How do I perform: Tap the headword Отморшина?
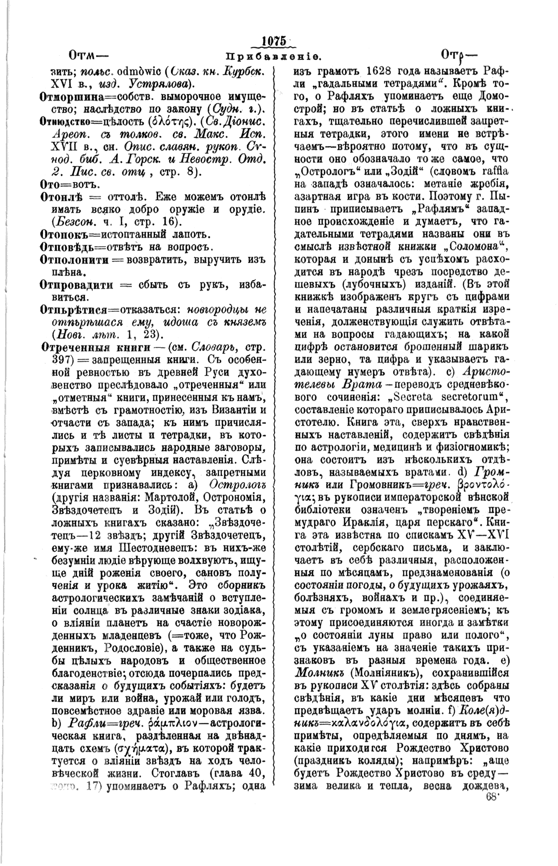point(68,96)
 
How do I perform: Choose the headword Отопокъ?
point(61,234)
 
